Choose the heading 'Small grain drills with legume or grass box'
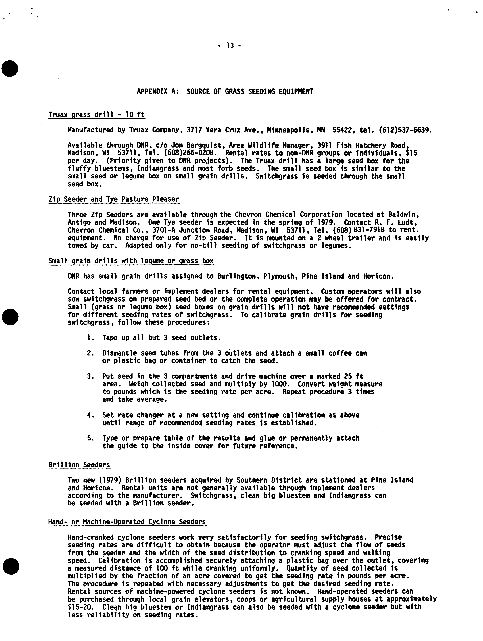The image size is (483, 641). tap(131, 261)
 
